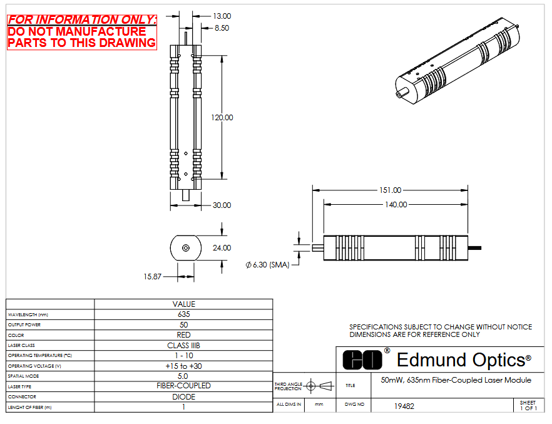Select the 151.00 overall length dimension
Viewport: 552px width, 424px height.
click(x=390, y=190)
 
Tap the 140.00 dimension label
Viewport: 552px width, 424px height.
click(x=395, y=205)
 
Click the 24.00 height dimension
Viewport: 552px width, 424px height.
click(x=222, y=248)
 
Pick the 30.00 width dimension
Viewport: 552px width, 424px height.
click(x=222, y=205)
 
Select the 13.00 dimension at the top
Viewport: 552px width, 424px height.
click(x=222, y=16)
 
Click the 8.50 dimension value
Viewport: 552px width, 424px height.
click(x=222, y=28)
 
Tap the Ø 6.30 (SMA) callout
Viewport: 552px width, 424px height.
click(x=267, y=265)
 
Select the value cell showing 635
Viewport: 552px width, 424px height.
click(x=183, y=314)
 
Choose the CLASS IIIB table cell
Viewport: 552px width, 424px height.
click(x=183, y=346)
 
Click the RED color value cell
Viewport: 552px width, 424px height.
click(x=183, y=335)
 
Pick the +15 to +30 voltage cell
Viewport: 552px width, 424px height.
click(x=183, y=366)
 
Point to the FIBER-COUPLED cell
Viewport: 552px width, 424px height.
click(x=183, y=386)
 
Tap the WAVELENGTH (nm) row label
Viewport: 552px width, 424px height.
click(x=28, y=314)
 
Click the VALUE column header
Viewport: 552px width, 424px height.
click(x=183, y=304)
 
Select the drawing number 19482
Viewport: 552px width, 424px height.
click(x=404, y=406)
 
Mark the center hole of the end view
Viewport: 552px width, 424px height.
click(x=185, y=248)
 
